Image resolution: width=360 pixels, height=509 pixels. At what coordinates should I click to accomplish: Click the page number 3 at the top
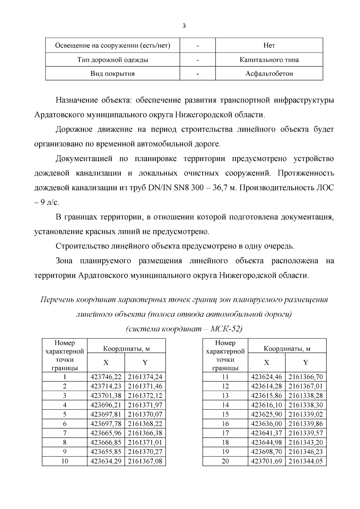[184, 26]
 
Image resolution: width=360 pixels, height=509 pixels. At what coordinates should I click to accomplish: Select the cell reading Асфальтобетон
[269, 73]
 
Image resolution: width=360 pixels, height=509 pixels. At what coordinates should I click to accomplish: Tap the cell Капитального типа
[269, 60]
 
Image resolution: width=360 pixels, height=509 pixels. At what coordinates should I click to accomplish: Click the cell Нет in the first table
[269, 46]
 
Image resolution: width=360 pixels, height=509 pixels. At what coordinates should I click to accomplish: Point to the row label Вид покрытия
[112, 73]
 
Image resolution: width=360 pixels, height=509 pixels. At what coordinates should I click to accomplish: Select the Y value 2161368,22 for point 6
[145, 424]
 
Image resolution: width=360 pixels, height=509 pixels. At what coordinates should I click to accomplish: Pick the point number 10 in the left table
[64, 461]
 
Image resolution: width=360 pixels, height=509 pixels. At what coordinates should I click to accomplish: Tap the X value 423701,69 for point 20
[266, 461]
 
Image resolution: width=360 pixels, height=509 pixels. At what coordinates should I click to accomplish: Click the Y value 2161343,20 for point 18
[306, 442]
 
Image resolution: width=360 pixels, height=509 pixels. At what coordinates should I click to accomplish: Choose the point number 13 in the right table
[225, 396]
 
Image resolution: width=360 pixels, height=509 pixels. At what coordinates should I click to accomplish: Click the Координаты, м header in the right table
[287, 349]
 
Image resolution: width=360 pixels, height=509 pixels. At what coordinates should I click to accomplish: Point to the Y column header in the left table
[145, 363]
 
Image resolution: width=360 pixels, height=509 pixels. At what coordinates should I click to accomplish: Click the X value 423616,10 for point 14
[266, 405]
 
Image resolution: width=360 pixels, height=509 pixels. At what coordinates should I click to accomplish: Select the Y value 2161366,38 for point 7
[145, 433]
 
